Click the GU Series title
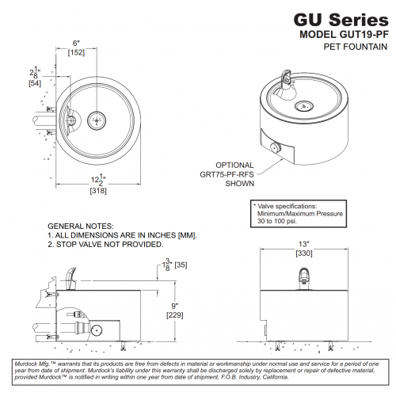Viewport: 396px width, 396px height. [x=341, y=20]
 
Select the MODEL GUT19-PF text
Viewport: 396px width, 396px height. [x=344, y=34]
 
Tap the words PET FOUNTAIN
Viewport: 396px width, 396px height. [x=356, y=47]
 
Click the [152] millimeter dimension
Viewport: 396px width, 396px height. [x=76, y=52]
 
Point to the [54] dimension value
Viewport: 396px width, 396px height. [x=35, y=83]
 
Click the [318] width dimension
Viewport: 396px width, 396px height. [x=98, y=191]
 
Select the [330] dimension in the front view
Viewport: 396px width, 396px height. [x=304, y=253]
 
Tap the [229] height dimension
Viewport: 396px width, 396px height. [x=175, y=315]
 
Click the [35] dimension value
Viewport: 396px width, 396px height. [x=181, y=265]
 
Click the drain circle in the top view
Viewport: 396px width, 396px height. [x=97, y=120]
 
